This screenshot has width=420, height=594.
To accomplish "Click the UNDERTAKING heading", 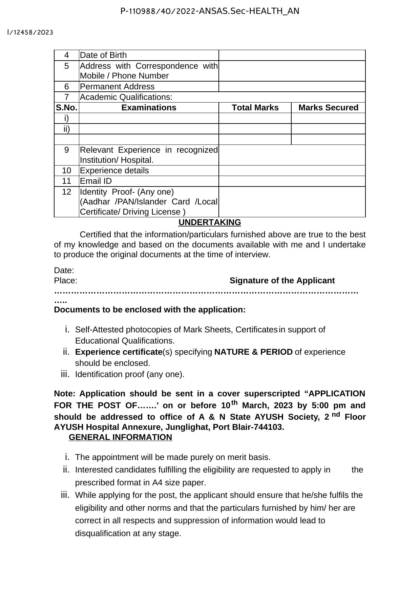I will click(210, 222).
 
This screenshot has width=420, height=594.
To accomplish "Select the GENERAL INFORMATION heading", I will click(120, 437).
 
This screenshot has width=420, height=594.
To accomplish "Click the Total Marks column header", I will click(255, 108).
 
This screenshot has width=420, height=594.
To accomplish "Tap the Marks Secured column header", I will click(328, 108).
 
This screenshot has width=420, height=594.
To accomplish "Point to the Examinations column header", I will click(149, 108).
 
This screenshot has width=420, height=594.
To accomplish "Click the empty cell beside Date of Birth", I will click(292, 55).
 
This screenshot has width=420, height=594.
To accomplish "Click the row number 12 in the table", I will click(67, 192).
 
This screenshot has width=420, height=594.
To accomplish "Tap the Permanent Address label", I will click(117, 87).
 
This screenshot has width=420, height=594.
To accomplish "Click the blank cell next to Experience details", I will click(292, 171).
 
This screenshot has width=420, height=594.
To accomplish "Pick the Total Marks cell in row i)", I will click(255, 118).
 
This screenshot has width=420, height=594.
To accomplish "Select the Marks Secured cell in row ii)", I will click(328, 129).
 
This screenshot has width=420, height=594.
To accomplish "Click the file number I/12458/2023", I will click(30, 32).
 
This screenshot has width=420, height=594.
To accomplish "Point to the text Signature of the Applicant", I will click(282, 281).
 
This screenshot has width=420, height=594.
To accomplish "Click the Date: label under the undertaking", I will click(64, 270).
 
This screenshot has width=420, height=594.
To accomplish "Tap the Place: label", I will click(66, 281).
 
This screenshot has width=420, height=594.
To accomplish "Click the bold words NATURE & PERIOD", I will click(253, 352).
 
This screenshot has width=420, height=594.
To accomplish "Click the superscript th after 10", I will click(234, 403).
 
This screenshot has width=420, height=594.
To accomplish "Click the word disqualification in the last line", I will click(103, 533).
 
